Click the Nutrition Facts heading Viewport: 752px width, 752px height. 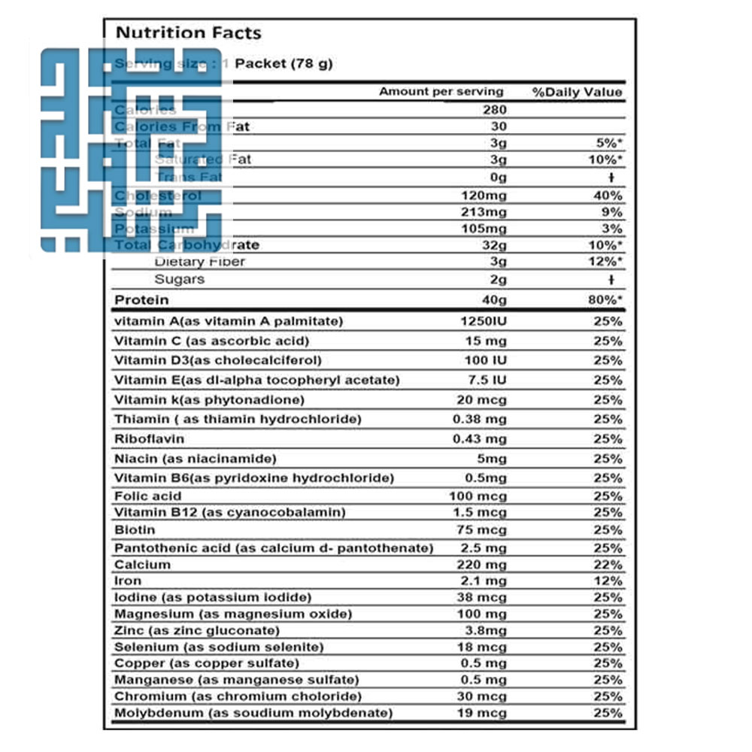click(x=188, y=33)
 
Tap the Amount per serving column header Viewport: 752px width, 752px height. click(x=441, y=92)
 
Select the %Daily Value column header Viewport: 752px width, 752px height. click(x=578, y=92)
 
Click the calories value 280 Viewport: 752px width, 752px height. click(x=494, y=110)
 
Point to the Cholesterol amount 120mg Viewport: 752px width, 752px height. click(x=487, y=196)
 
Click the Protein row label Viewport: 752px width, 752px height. click(x=141, y=300)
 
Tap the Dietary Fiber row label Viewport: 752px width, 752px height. click(x=199, y=262)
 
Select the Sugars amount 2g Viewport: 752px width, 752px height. click(x=499, y=279)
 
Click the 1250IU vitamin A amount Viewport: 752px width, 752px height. click(x=484, y=321)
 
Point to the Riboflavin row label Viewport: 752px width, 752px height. click(x=150, y=438)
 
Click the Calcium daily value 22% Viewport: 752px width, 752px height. click(x=608, y=564)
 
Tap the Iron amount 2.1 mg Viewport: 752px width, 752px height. click(x=486, y=581)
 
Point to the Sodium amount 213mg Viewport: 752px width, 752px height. click(x=487, y=212)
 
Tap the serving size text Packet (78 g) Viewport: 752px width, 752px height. click(x=284, y=64)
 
